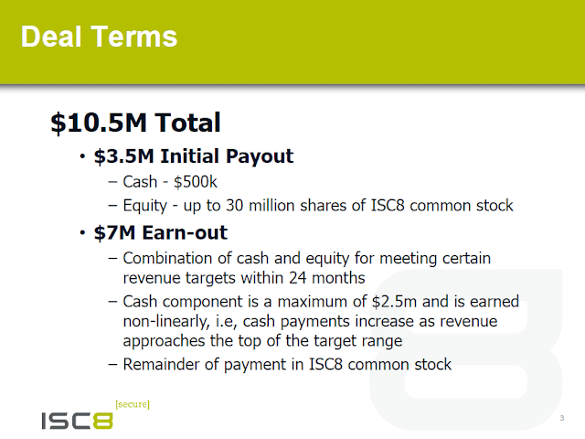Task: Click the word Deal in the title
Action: click(51, 37)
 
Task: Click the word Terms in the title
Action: click(134, 37)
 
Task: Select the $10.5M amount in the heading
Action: click(100, 123)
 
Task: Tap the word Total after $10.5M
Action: click(188, 123)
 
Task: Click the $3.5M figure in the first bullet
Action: click(124, 156)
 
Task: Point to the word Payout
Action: click(260, 156)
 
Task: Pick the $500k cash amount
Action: click(196, 182)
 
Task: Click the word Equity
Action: click(145, 206)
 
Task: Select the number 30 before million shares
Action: click(234, 206)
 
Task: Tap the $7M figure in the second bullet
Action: click(114, 232)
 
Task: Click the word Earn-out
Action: click(185, 232)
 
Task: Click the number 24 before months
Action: click(297, 278)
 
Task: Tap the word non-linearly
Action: click(166, 322)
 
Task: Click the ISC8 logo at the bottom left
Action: click(77, 421)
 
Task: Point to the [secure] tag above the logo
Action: click(133, 404)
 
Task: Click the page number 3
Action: click(562, 418)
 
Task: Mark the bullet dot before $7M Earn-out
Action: click(82, 233)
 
